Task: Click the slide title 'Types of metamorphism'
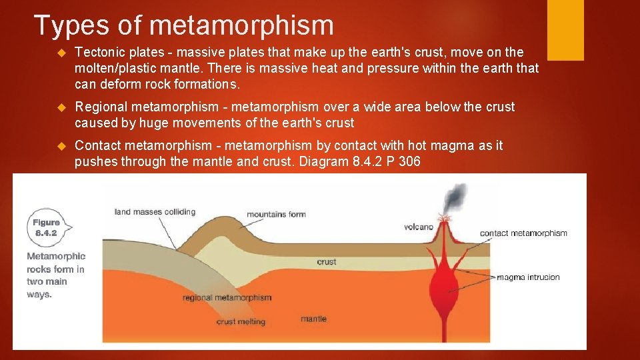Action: point(183,25)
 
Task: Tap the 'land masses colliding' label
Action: point(155,212)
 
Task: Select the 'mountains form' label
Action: point(276,214)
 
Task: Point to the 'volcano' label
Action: point(419,227)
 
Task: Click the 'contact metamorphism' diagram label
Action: point(523,233)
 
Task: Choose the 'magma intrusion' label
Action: point(528,277)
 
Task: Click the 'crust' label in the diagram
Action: point(327,262)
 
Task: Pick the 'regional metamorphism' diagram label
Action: point(227,297)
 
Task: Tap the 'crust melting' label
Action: point(241,321)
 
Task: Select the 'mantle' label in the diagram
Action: point(313,319)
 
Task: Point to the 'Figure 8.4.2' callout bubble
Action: point(47,227)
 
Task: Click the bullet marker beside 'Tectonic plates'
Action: point(63,53)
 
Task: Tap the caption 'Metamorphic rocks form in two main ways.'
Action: point(56,275)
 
